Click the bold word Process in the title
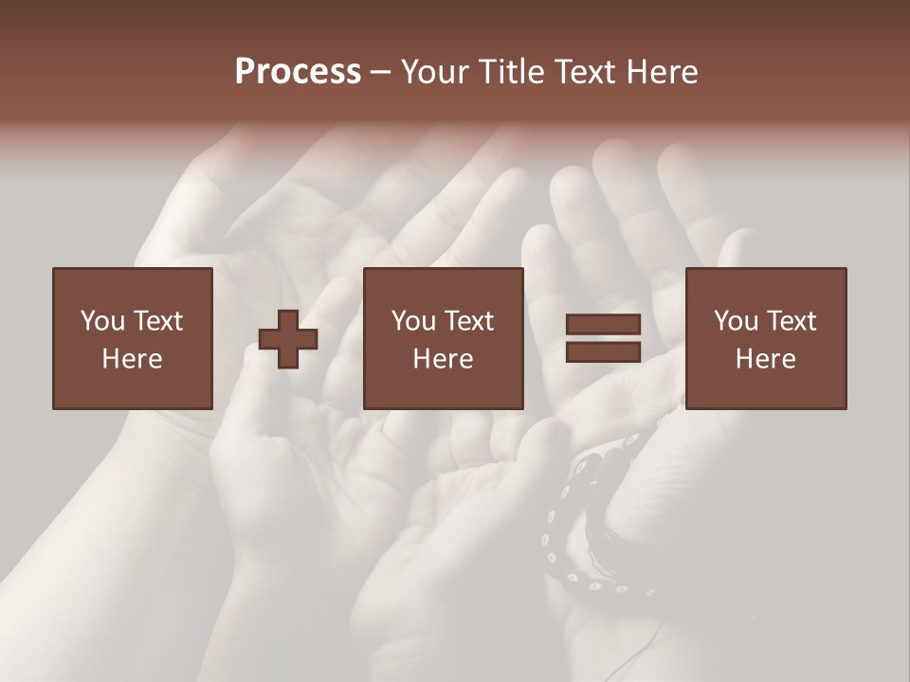click(298, 72)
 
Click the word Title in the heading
click(511, 72)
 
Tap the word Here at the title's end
click(664, 72)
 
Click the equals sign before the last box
click(604, 338)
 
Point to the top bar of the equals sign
click(604, 325)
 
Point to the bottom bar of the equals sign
click(604, 351)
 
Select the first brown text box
click(132, 338)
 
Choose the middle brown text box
click(443, 338)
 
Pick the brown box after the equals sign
click(765, 338)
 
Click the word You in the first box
click(101, 321)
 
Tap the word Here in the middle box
click(443, 359)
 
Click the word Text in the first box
click(157, 321)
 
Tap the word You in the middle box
click(412, 321)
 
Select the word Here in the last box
click(765, 359)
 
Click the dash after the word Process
click(380, 72)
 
